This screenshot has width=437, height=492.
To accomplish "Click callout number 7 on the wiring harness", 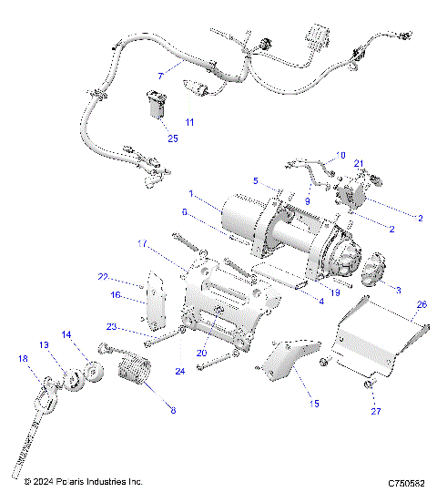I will [161, 76].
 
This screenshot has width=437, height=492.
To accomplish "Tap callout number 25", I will [172, 138].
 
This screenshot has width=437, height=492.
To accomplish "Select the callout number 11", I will [189, 120].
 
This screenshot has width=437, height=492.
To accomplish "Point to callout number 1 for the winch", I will [191, 193].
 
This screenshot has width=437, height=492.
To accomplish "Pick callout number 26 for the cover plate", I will [421, 304].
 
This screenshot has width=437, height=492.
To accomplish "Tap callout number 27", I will [374, 410].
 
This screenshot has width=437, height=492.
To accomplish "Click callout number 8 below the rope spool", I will [173, 411].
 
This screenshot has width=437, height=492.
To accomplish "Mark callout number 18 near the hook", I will [23, 360].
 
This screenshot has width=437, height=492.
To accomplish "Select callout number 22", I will [103, 276].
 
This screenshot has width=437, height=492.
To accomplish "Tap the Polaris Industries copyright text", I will [85, 480].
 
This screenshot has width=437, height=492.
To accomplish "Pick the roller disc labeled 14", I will [91, 374].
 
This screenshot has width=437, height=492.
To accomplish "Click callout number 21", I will [358, 164].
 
